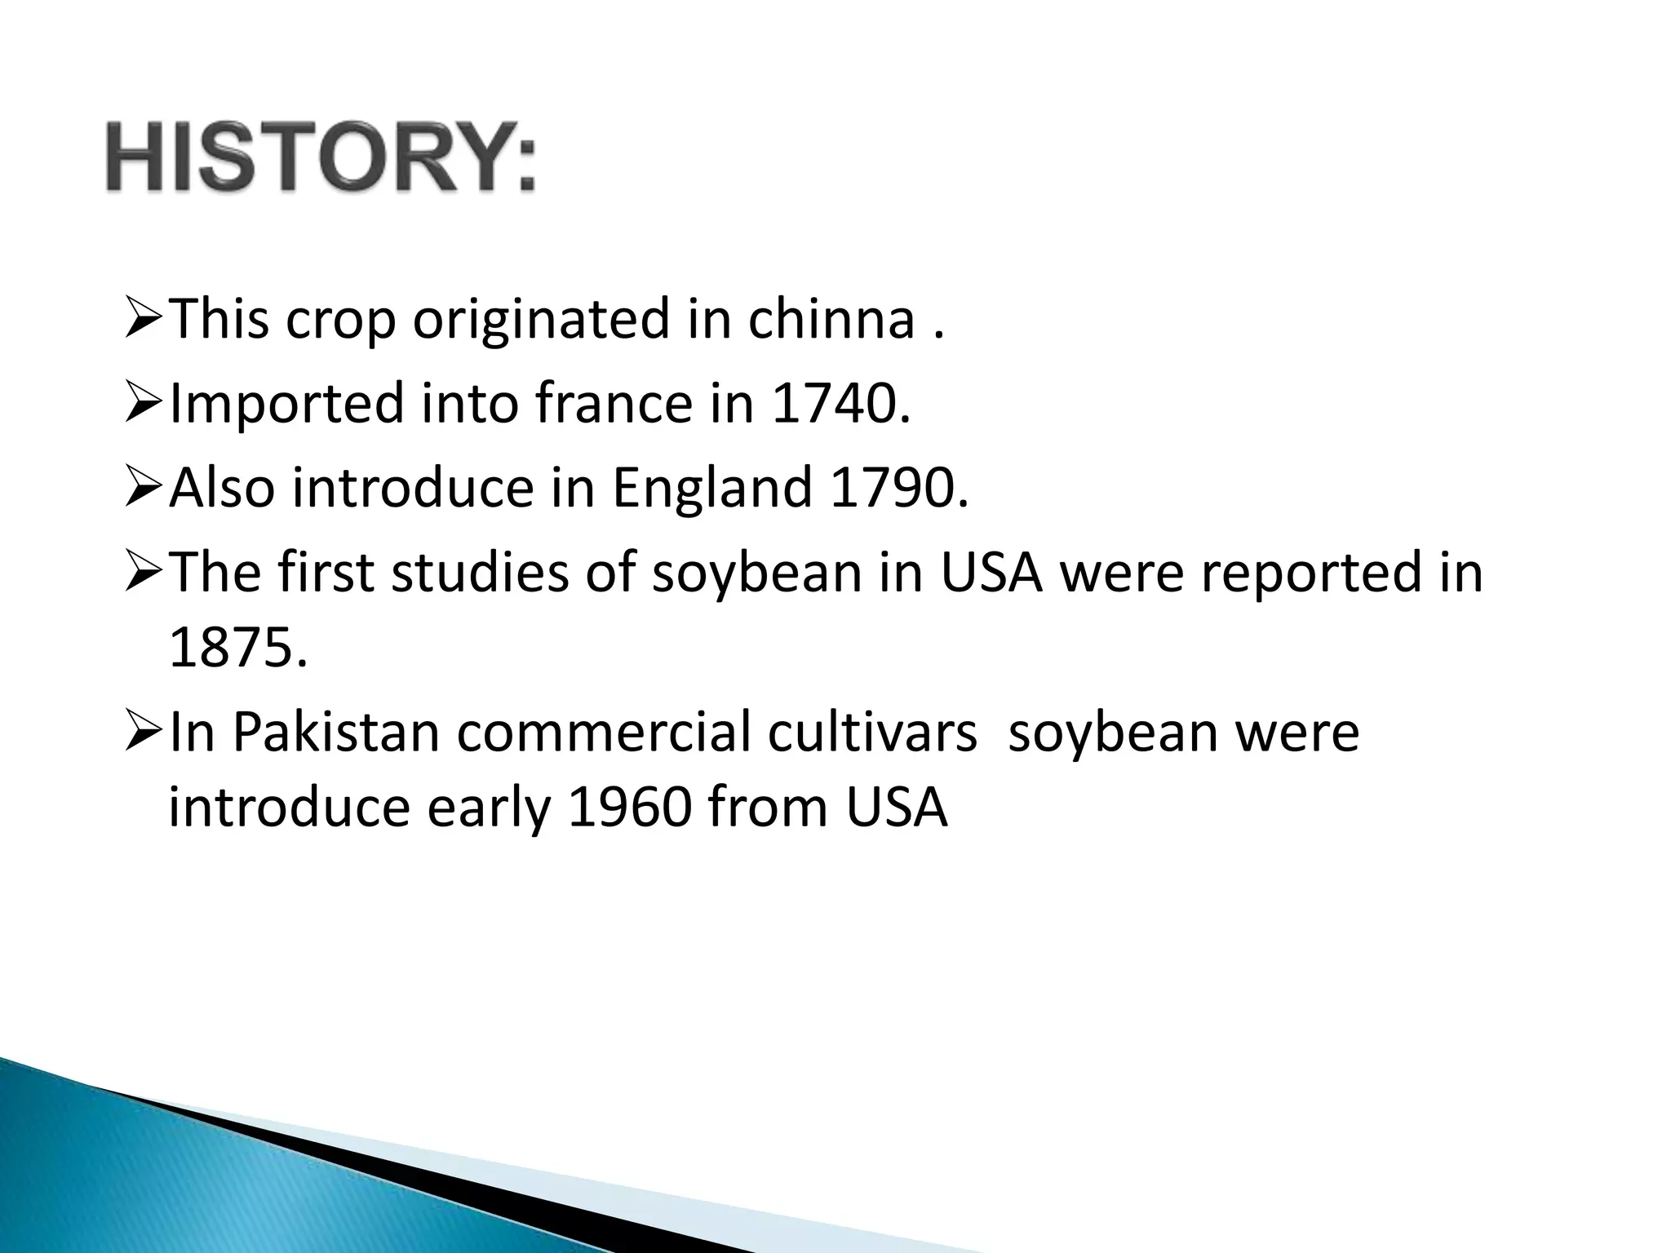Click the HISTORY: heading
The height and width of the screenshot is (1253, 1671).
321,157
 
